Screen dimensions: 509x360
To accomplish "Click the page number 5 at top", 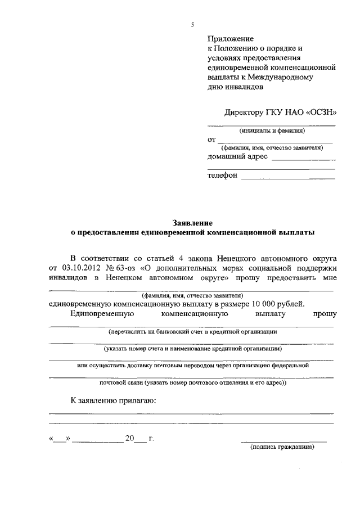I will click(192, 24).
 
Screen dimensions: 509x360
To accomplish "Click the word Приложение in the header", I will click(231, 39).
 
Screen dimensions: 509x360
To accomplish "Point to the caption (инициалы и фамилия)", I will click(272, 130).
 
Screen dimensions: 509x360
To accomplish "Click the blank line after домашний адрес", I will click(303, 160).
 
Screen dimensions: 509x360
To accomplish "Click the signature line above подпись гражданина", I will click(283, 441).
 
